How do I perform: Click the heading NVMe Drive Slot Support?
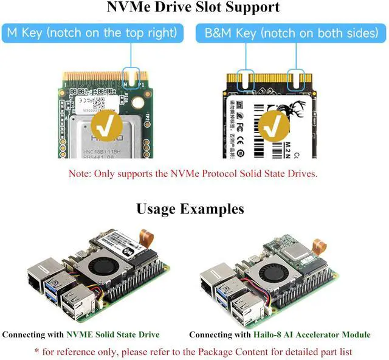pos(193,7)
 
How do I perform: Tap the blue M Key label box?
pos(92,33)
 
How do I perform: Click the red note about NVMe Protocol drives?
pos(193,174)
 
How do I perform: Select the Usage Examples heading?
pos(190,209)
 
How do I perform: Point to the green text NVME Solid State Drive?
pos(113,334)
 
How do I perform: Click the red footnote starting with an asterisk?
pos(193,351)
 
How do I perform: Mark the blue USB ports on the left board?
pos(58,286)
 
